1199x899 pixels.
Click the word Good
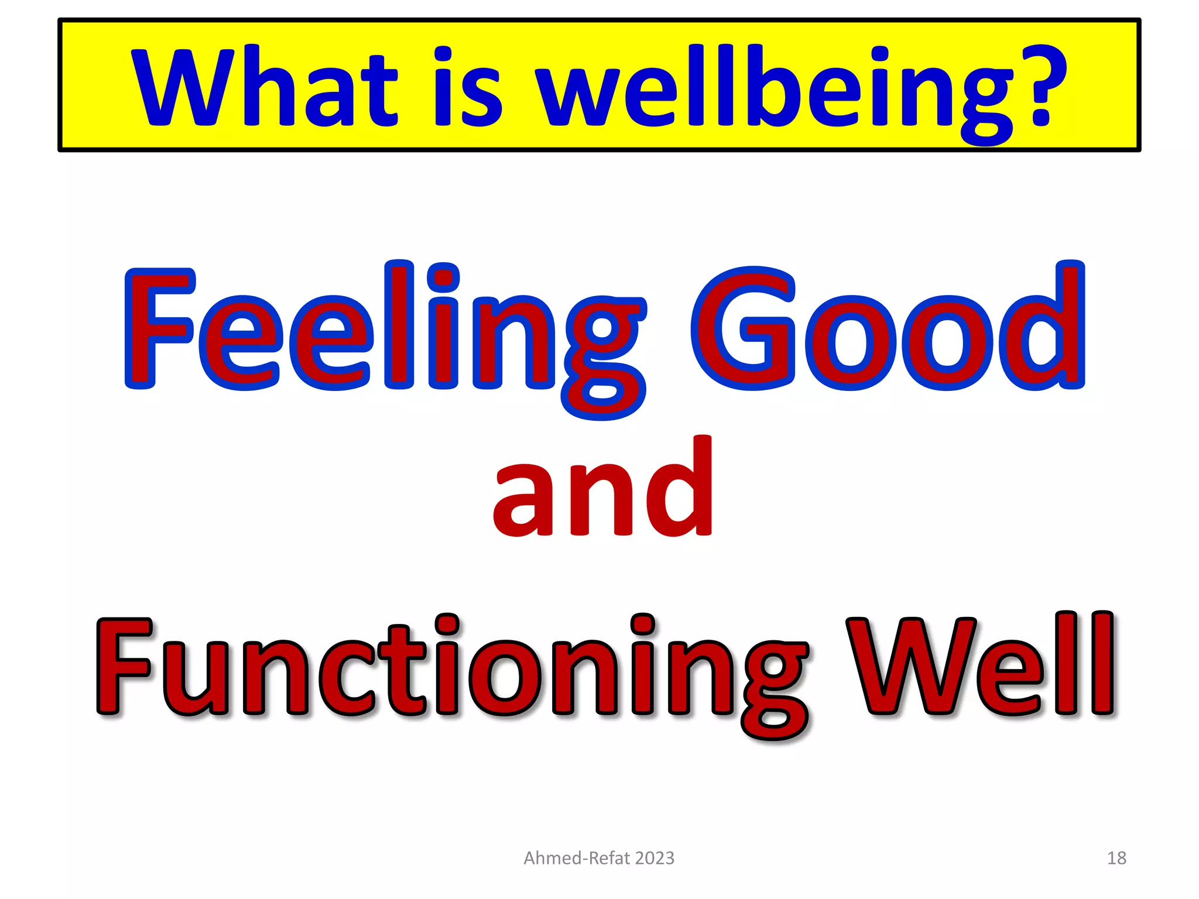pos(888,328)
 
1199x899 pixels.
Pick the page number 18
pos(1116,858)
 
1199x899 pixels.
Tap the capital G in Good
pos(744,328)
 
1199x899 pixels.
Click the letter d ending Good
pos(1048,328)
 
